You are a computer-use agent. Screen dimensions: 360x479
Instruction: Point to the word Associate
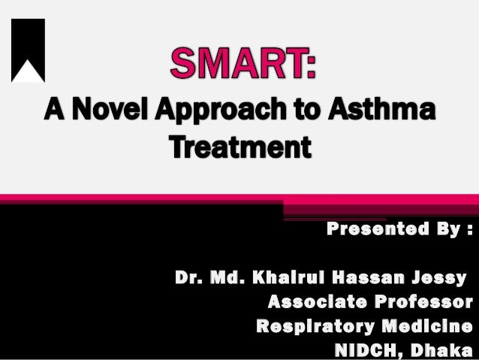point(319,303)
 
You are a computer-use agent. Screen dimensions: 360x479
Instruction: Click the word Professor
point(426,303)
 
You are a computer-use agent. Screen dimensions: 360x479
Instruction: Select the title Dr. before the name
point(187,279)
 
